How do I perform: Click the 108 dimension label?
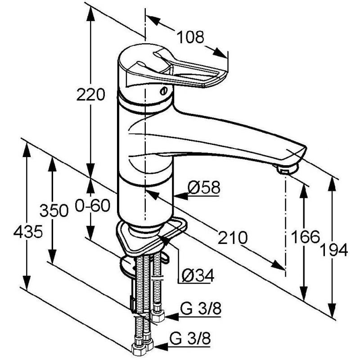(191, 37)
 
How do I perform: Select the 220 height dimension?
(91, 94)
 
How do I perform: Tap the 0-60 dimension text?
(93, 206)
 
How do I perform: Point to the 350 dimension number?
(54, 210)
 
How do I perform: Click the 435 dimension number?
(28, 231)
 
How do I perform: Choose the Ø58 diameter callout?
(204, 187)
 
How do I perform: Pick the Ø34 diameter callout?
(198, 275)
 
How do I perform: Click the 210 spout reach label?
(233, 238)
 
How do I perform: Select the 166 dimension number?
(306, 237)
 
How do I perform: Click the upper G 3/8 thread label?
(201, 308)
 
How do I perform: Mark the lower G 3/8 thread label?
(190, 338)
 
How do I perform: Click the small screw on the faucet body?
(163, 91)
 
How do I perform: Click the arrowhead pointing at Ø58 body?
(181, 196)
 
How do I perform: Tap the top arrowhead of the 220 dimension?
(91, 14)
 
